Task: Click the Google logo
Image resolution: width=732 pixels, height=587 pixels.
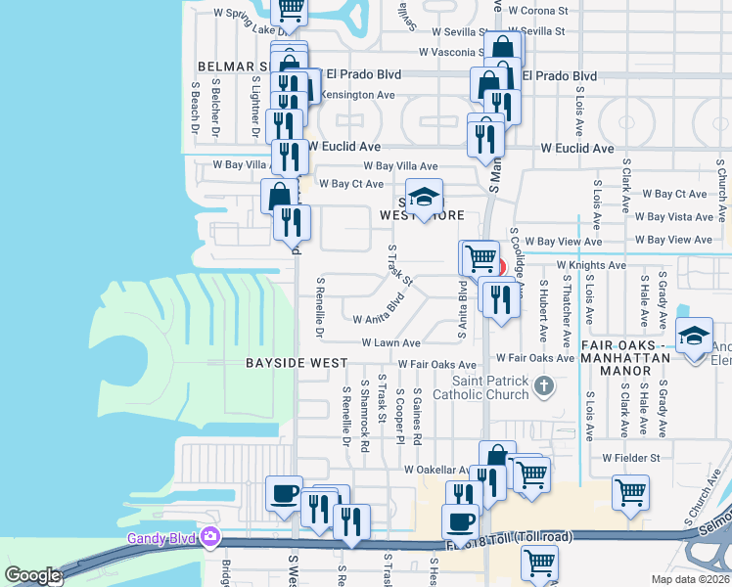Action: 32,575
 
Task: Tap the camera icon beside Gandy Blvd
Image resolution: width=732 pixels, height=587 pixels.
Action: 210,536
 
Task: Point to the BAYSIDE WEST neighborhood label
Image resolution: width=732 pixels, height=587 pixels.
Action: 296,363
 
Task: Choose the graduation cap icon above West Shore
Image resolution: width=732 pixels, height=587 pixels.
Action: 425,196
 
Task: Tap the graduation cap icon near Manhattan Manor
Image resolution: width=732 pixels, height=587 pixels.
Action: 694,339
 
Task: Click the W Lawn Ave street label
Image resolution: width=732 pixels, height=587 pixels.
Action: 390,343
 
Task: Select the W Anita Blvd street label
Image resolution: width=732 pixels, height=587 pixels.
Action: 380,311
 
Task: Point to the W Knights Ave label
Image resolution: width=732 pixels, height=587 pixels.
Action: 590,265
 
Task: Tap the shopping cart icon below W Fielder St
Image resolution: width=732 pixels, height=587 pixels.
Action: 630,493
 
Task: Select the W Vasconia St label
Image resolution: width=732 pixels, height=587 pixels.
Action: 452,52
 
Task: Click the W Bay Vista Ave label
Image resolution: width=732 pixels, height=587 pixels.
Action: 673,217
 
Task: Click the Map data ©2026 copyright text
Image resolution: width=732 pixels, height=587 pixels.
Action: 690,579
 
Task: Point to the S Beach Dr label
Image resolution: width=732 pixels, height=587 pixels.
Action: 195,107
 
